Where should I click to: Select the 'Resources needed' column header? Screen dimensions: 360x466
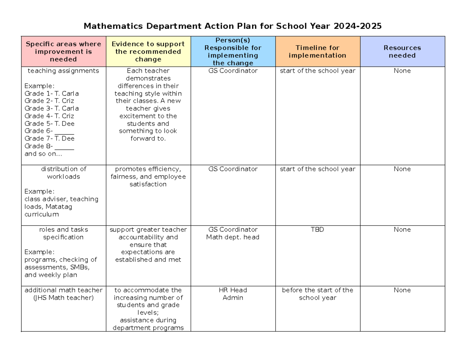[x=402, y=52]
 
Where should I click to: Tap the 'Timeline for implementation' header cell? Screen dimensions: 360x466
[x=317, y=52]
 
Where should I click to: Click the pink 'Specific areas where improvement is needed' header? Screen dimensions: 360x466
[x=63, y=52]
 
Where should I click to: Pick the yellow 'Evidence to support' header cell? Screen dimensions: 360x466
[x=148, y=52]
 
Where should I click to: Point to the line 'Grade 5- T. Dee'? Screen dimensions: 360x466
[x=49, y=123]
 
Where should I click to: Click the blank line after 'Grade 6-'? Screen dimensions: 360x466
[x=64, y=131]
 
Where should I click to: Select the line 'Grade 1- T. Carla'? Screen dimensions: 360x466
[x=51, y=94]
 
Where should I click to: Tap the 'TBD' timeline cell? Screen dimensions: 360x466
[x=317, y=230]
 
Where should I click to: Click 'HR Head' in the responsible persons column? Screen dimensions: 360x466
[x=233, y=290]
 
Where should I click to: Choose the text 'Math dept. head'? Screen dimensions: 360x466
[x=233, y=237]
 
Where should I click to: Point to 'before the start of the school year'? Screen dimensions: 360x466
[x=317, y=294]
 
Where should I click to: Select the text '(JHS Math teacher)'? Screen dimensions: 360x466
[x=63, y=298]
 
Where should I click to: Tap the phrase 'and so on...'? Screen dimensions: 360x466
[x=43, y=154]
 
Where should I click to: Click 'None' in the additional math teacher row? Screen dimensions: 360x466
[x=402, y=290]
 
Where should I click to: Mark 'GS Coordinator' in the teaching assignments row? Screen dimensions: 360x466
[x=233, y=71]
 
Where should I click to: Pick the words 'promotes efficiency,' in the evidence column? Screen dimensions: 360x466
[x=148, y=169]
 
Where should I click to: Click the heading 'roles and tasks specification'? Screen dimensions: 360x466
[x=63, y=233]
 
